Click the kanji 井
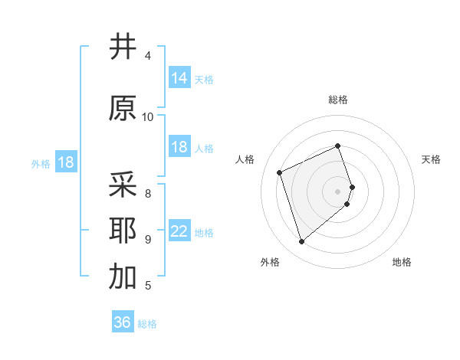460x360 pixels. tap(123, 47)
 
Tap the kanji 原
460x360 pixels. tap(123, 108)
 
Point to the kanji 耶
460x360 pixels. tap(123, 231)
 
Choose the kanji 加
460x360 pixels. tap(123, 277)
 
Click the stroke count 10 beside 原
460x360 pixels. tap(148, 116)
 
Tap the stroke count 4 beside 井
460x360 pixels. tap(148, 56)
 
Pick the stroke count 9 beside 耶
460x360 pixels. tap(148, 239)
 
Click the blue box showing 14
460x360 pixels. tap(179, 78)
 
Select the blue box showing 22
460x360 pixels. tap(179, 231)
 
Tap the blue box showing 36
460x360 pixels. tap(123, 322)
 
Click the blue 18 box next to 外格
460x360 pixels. tap(65, 162)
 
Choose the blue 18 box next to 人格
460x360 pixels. tap(179, 147)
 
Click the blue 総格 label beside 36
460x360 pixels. tap(147, 323)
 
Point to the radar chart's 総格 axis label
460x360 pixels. tap(338, 100)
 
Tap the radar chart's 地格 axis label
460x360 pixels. tap(402, 262)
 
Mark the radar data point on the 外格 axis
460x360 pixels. tap(301, 242)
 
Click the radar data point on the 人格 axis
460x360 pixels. tap(280, 172)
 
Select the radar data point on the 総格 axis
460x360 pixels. tap(338, 146)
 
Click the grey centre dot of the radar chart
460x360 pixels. tap(338, 191)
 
